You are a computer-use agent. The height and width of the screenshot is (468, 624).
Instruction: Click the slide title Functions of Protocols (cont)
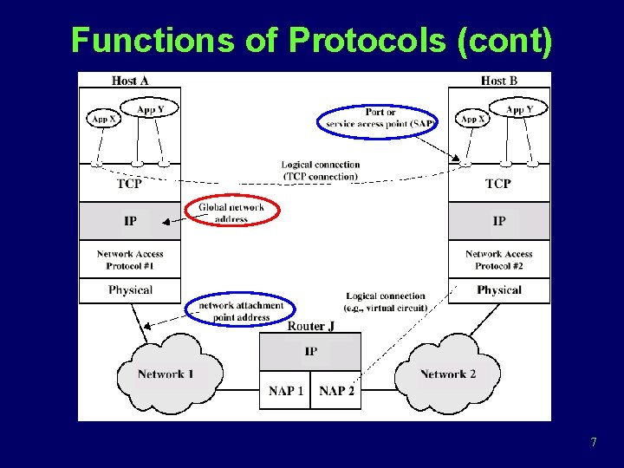click(311, 40)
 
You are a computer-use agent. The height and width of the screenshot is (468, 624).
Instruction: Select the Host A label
click(130, 81)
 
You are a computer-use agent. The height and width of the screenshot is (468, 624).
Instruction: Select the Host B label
click(498, 81)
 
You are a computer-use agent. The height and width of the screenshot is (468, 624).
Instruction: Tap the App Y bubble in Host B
click(520, 110)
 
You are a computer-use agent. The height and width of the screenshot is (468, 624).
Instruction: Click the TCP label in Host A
click(129, 184)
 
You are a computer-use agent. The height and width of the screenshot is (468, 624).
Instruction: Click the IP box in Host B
click(499, 221)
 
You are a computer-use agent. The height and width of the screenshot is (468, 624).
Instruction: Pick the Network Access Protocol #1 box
click(130, 259)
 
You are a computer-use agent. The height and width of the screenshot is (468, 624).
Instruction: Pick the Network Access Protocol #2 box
click(499, 259)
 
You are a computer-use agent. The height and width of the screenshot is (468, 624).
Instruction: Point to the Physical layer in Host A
click(130, 290)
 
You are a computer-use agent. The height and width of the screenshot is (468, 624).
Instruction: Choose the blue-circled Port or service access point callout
click(379, 119)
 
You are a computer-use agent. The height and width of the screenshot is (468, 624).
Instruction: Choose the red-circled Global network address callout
click(231, 212)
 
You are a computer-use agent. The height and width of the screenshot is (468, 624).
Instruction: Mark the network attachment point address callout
click(240, 311)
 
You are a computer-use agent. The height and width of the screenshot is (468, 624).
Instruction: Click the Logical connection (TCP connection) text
click(320, 171)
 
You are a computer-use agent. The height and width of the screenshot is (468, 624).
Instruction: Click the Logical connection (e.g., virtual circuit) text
click(386, 302)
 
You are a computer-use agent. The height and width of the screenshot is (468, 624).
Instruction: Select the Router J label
click(310, 326)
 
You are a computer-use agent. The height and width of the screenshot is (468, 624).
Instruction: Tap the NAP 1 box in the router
click(285, 391)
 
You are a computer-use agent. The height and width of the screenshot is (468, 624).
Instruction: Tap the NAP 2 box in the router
click(336, 391)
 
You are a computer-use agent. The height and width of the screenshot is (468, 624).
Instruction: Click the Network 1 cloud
click(166, 374)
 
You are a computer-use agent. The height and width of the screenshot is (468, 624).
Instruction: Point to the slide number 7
click(593, 443)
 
